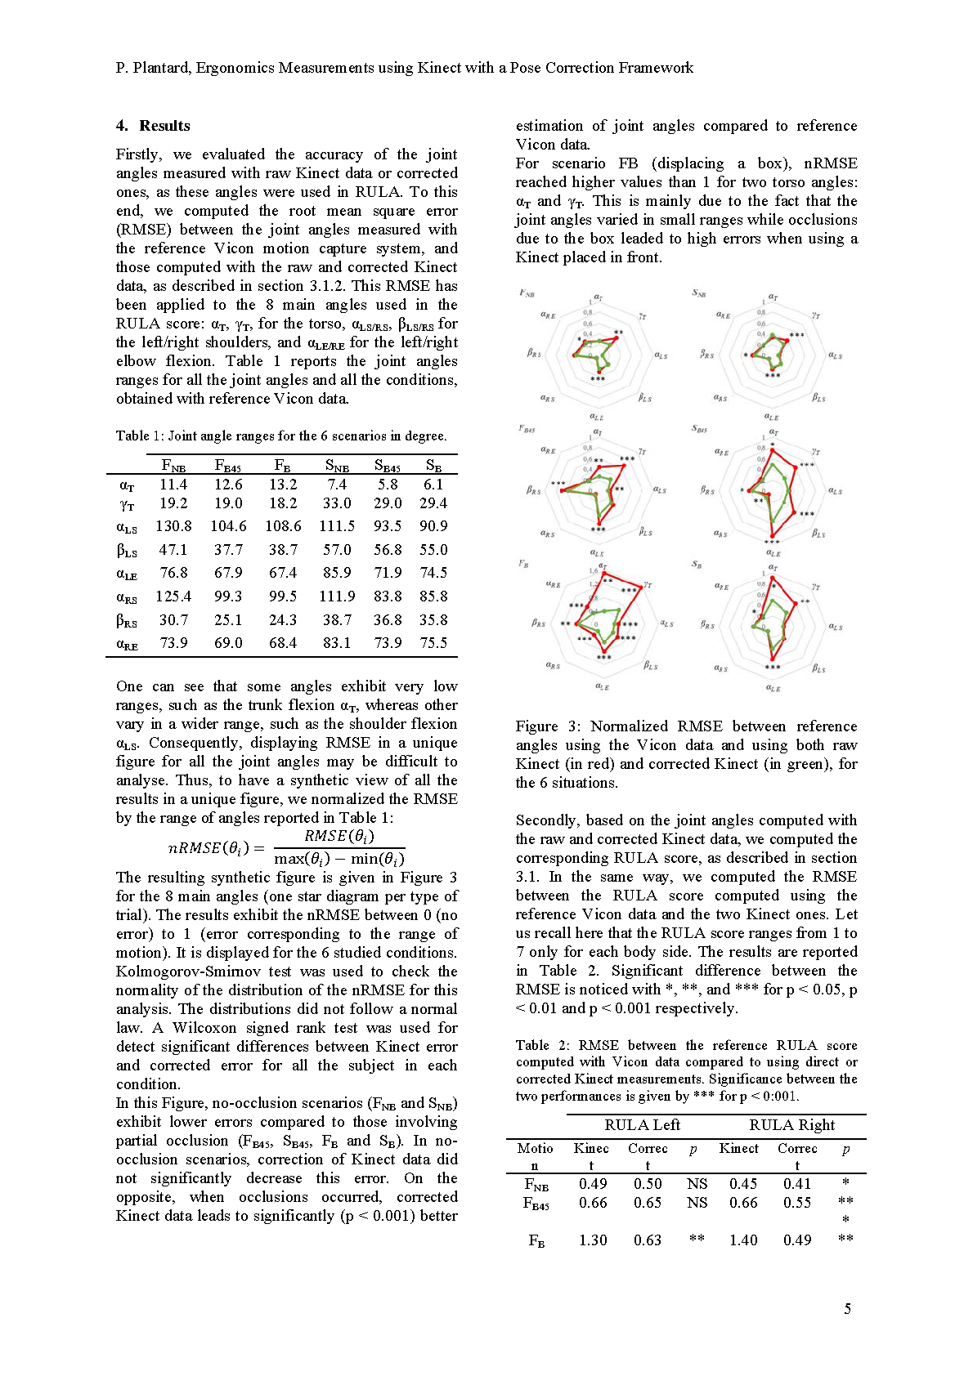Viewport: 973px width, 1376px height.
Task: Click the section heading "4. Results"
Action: (x=153, y=126)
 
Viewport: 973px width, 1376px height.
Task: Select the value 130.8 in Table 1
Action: (x=173, y=526)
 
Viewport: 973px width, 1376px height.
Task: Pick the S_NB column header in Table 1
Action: (x=337, y=466)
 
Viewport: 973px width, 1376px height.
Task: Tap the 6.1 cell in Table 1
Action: (x=433, y=484)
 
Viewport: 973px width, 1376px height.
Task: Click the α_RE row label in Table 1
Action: (x=127, y=644)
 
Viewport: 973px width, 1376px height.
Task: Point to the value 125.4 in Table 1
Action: (x=173, y=596)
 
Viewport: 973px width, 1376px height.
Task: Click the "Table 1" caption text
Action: (x=139, y=436)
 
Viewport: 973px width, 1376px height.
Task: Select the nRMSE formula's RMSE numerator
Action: (x=339, y=836)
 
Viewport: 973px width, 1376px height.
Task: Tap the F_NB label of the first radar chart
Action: (x=527, y=293)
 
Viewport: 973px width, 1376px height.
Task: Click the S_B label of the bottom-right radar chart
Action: (x=697, y=565)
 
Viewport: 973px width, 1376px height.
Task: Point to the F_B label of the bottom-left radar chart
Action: (x=523, y=565)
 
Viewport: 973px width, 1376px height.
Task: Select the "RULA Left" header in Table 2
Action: (x=642, y=1125)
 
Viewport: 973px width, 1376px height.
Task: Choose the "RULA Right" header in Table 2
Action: (x=791, y=1125)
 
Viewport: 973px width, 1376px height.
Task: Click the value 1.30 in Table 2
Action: (x=593, y=1240)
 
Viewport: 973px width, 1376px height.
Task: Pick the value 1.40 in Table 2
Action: (x=743, y=1240)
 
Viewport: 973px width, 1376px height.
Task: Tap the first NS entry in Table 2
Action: (x=697, y=1184)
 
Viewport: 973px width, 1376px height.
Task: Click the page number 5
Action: (x=847, y=1309)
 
